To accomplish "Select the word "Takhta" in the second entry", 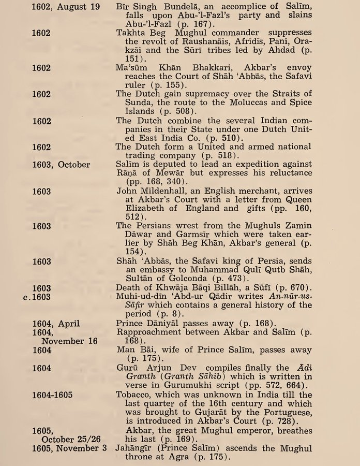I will (131, 33).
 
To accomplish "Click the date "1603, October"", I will (61, 165).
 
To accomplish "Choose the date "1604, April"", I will (55, 324).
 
